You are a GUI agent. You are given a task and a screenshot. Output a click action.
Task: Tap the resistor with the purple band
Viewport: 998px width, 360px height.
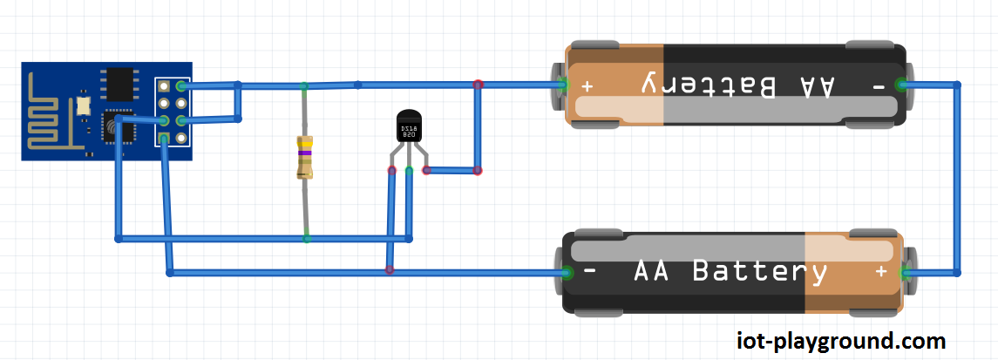304,159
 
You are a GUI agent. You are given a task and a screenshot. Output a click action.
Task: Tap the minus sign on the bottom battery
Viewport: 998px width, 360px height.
590,271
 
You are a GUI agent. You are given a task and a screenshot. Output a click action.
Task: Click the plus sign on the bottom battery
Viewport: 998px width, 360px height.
881,272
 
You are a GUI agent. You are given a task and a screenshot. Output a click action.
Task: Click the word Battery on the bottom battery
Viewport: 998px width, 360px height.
759,271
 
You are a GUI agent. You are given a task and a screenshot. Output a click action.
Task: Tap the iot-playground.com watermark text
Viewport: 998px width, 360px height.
840,340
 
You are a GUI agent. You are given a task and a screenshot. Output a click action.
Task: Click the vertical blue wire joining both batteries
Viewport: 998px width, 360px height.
957,179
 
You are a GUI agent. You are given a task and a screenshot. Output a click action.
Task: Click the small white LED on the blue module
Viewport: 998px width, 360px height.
83,105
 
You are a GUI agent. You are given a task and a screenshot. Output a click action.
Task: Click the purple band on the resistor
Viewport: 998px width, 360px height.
304,153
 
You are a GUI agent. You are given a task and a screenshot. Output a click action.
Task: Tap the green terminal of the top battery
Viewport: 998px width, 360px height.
562,85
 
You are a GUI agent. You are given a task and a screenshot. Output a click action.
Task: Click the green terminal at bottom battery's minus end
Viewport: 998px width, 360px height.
567,272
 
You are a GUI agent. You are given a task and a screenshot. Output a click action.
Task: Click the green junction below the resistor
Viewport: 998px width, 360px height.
306,237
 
